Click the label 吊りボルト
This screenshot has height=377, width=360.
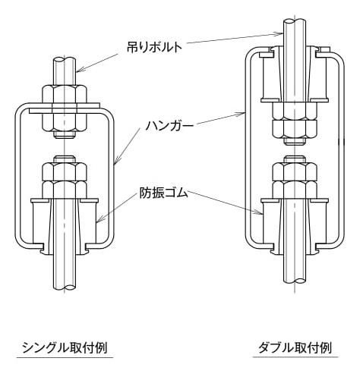[154, 47]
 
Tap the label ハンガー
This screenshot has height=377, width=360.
[169, 126]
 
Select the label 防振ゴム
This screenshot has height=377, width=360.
[164, 193]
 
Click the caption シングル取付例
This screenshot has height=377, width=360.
[65, 347]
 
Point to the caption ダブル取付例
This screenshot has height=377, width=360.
[295, 347]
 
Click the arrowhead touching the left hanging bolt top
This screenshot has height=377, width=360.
[79, 70]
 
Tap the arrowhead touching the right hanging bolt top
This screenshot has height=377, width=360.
[279, 33]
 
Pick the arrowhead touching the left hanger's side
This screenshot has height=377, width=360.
[116, 162]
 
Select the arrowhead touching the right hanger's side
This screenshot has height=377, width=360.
[242, 115]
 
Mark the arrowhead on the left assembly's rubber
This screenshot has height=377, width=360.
[99, 220]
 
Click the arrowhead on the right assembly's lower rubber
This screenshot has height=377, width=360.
[260, 212]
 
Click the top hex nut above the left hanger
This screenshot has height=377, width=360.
[65, 94]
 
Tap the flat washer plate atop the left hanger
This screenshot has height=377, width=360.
[65, 108]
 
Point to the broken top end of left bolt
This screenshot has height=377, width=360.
[65, 61]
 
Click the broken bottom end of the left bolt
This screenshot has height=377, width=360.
[65, 287]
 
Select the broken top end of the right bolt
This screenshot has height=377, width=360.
[295, 21]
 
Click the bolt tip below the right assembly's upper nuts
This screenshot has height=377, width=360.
[295, 142]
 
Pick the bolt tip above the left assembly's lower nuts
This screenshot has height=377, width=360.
[65, 159]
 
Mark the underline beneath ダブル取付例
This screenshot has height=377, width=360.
[295, 357]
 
